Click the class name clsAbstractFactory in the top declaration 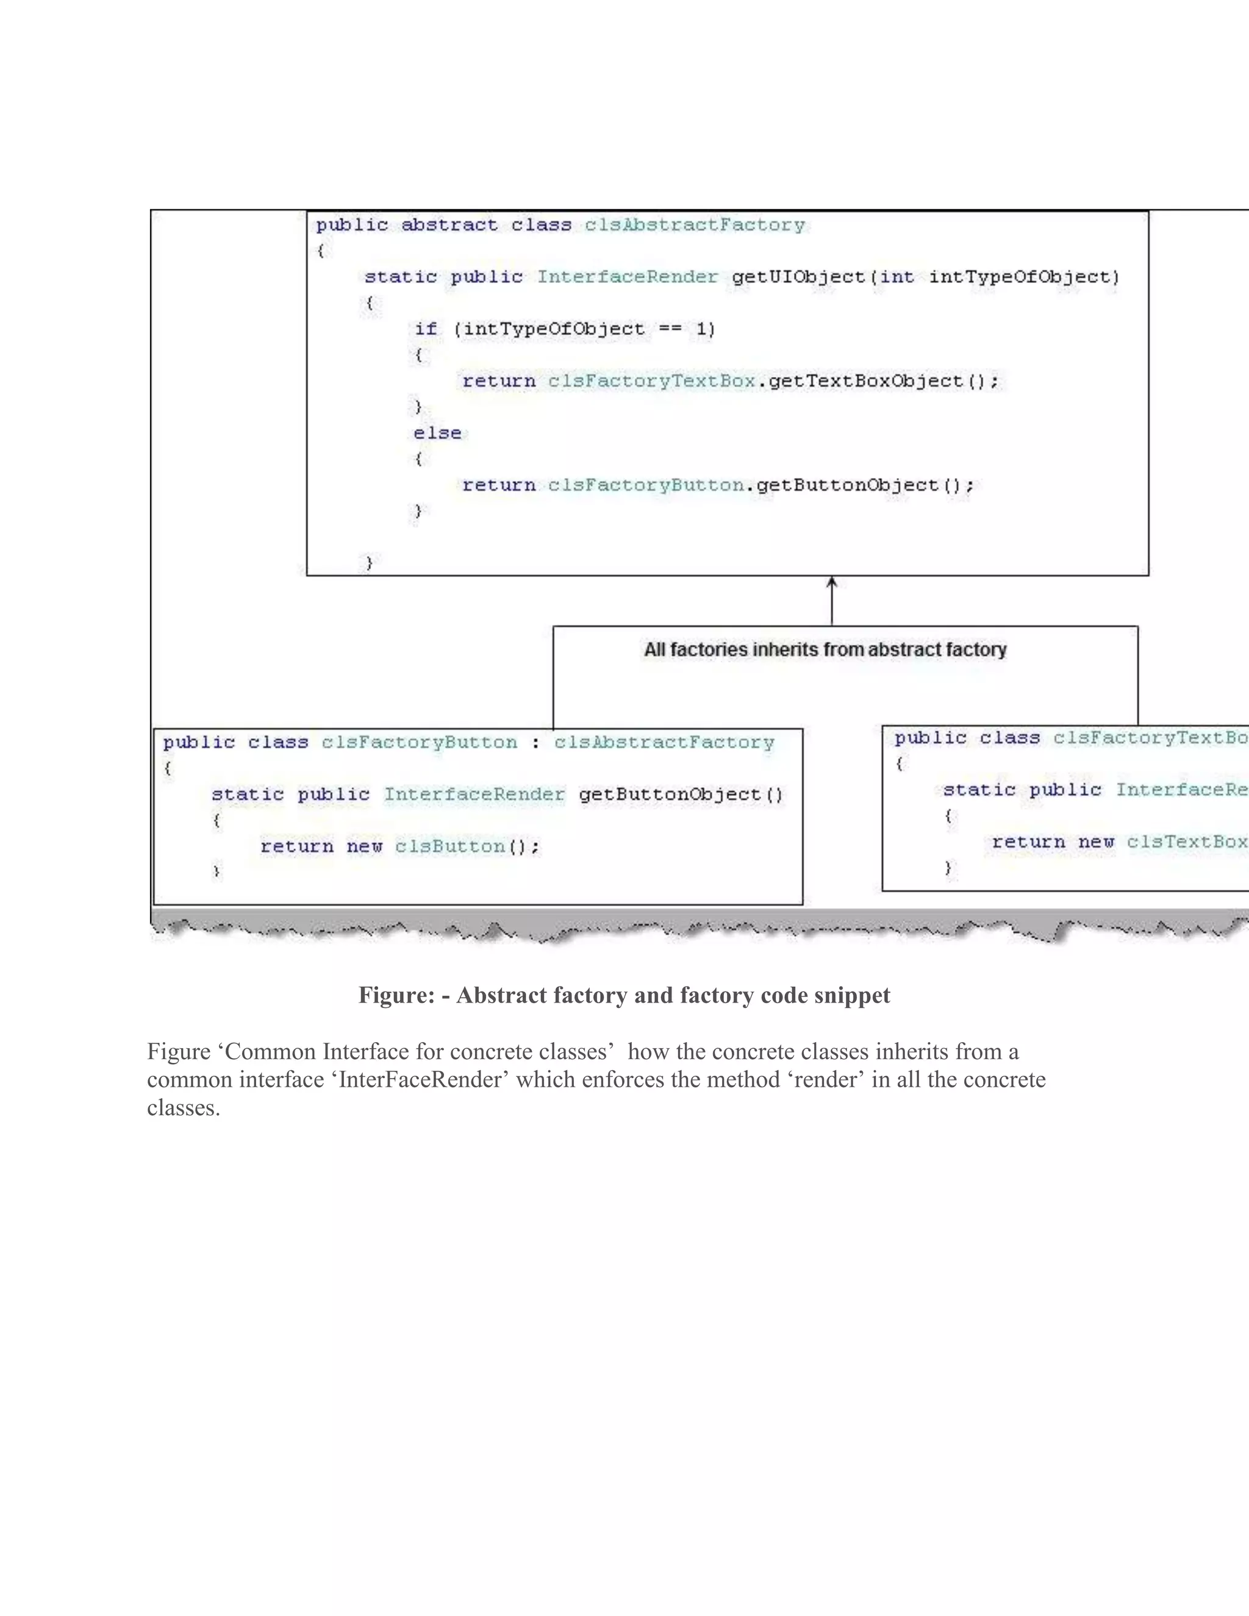click(x=694, y=225)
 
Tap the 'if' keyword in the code click(x=426, y=329)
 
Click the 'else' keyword click(x=437, y=433)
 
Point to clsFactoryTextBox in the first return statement click(x=651, y=381)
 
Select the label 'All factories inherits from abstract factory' click(x=825, y=649)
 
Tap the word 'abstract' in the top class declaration click(x=449, y=225)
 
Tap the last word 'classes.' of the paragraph click(x=184, y=1107)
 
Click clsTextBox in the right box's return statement click(x=1187, y=842)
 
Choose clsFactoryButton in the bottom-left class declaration click(x=419, y=742)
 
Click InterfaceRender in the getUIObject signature click(x=627, y=277)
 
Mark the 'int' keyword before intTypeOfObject click(x=896, y=277)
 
